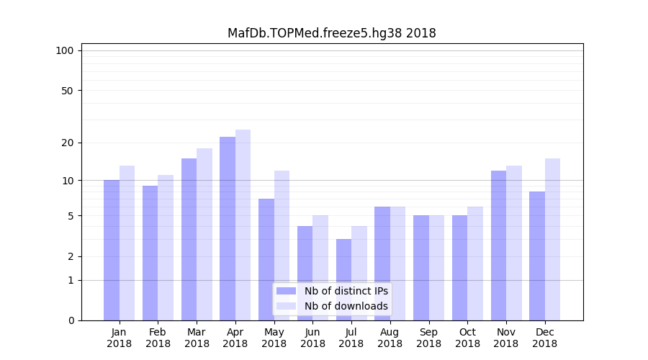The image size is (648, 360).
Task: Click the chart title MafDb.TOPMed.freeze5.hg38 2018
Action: point(331,33)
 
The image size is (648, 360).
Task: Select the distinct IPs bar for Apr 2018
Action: point(228,228)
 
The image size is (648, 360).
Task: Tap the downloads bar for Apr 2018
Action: point(243,225)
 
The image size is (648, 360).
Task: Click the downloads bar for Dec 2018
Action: point(552,239)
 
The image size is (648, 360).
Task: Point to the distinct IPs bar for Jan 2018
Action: point(112,250)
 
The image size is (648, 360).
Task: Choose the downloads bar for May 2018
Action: point(282,246)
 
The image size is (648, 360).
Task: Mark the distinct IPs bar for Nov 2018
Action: point(498,246)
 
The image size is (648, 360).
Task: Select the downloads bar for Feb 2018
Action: point(166,248)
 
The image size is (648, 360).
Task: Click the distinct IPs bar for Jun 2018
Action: point(305,273)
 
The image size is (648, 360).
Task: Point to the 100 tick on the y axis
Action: point(65,50)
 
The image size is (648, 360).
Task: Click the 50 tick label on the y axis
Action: point(67,91)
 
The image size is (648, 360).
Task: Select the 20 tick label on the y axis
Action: point(67,143)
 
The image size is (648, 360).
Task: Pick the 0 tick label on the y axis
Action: point(71,320)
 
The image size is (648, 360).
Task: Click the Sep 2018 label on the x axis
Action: point(428,338)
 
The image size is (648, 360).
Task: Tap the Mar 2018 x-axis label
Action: point(197,338)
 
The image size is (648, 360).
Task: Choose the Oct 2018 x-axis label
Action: point(467,338)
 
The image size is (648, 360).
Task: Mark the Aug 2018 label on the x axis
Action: point(390,338)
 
